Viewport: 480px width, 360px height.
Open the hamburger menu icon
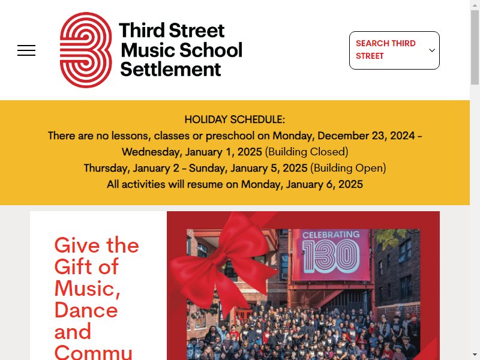(26, 50)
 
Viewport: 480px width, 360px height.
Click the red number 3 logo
(86, 50)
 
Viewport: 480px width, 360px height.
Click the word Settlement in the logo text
(170, 70)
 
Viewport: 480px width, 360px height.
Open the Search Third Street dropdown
(394, 50)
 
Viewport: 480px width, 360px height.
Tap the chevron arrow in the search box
(432, 50)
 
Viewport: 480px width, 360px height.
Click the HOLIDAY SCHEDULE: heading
(235, 119)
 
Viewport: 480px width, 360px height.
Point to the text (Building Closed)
(307, 152)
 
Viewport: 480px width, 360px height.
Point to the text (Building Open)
(348, 168)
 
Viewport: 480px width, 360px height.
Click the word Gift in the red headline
(73, 266)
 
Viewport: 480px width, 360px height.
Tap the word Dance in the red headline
(86, 310)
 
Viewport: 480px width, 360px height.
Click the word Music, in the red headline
(87, 289)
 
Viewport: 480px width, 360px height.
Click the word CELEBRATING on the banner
(331, 235)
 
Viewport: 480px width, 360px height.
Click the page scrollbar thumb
(475, 47)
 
